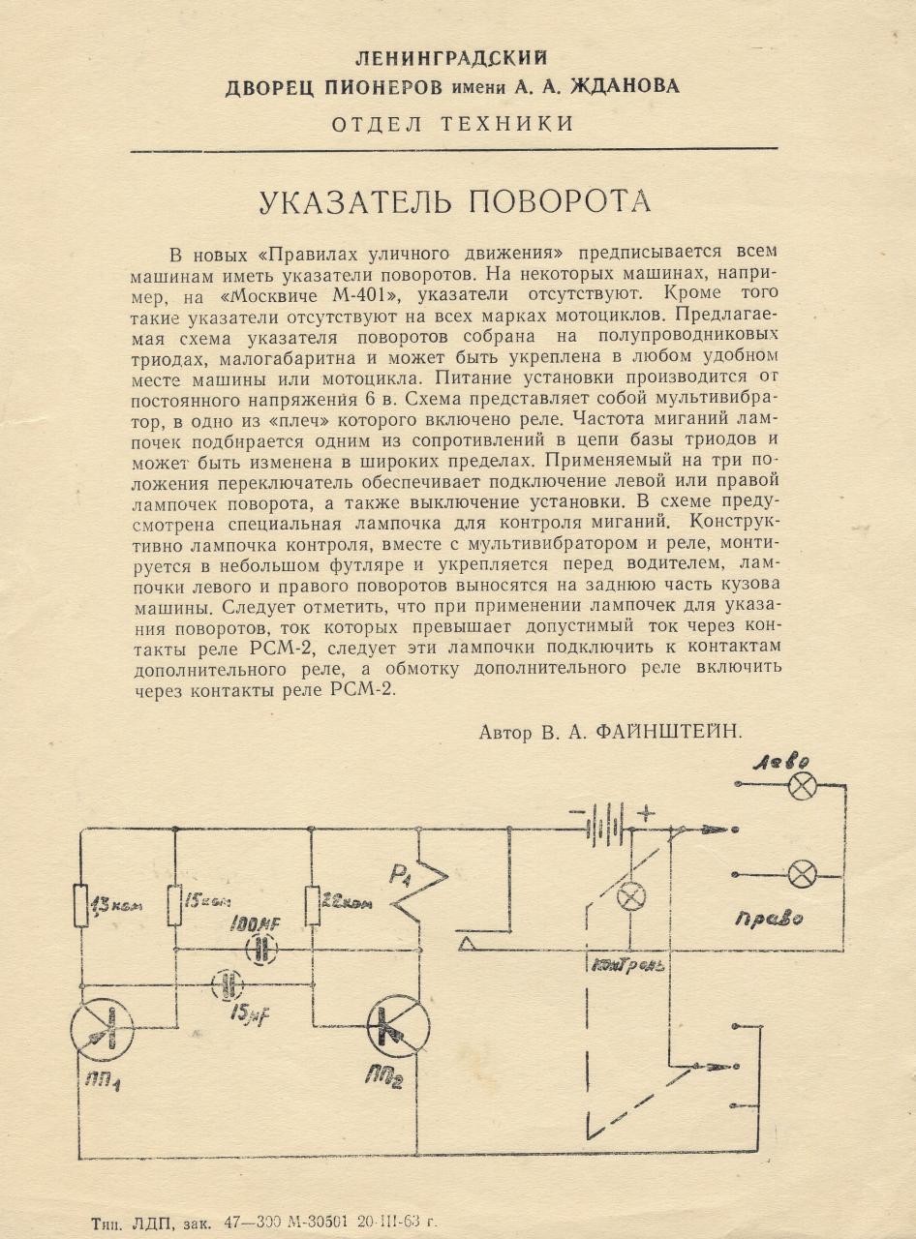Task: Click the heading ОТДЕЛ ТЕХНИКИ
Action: [452, 124]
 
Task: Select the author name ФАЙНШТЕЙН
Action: [662, 732]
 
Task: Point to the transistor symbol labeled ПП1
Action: [102, 1029]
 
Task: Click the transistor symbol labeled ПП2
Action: [399, 1027]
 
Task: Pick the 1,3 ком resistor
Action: [82, 905]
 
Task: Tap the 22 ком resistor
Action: [313, 905]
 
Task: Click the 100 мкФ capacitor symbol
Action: [260, 950]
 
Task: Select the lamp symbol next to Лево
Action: [801, 785]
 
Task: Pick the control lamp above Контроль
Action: [631, 896]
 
